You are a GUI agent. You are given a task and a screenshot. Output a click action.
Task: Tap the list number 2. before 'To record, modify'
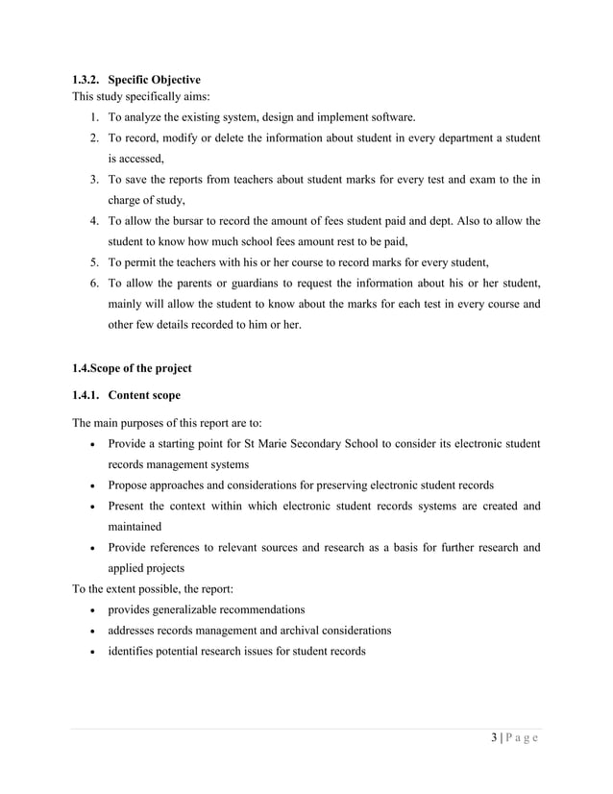pos(94,138)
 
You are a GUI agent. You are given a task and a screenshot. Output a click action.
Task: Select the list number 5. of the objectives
pos(94,262)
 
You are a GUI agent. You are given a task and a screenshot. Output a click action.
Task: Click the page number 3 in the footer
pos(494,738)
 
